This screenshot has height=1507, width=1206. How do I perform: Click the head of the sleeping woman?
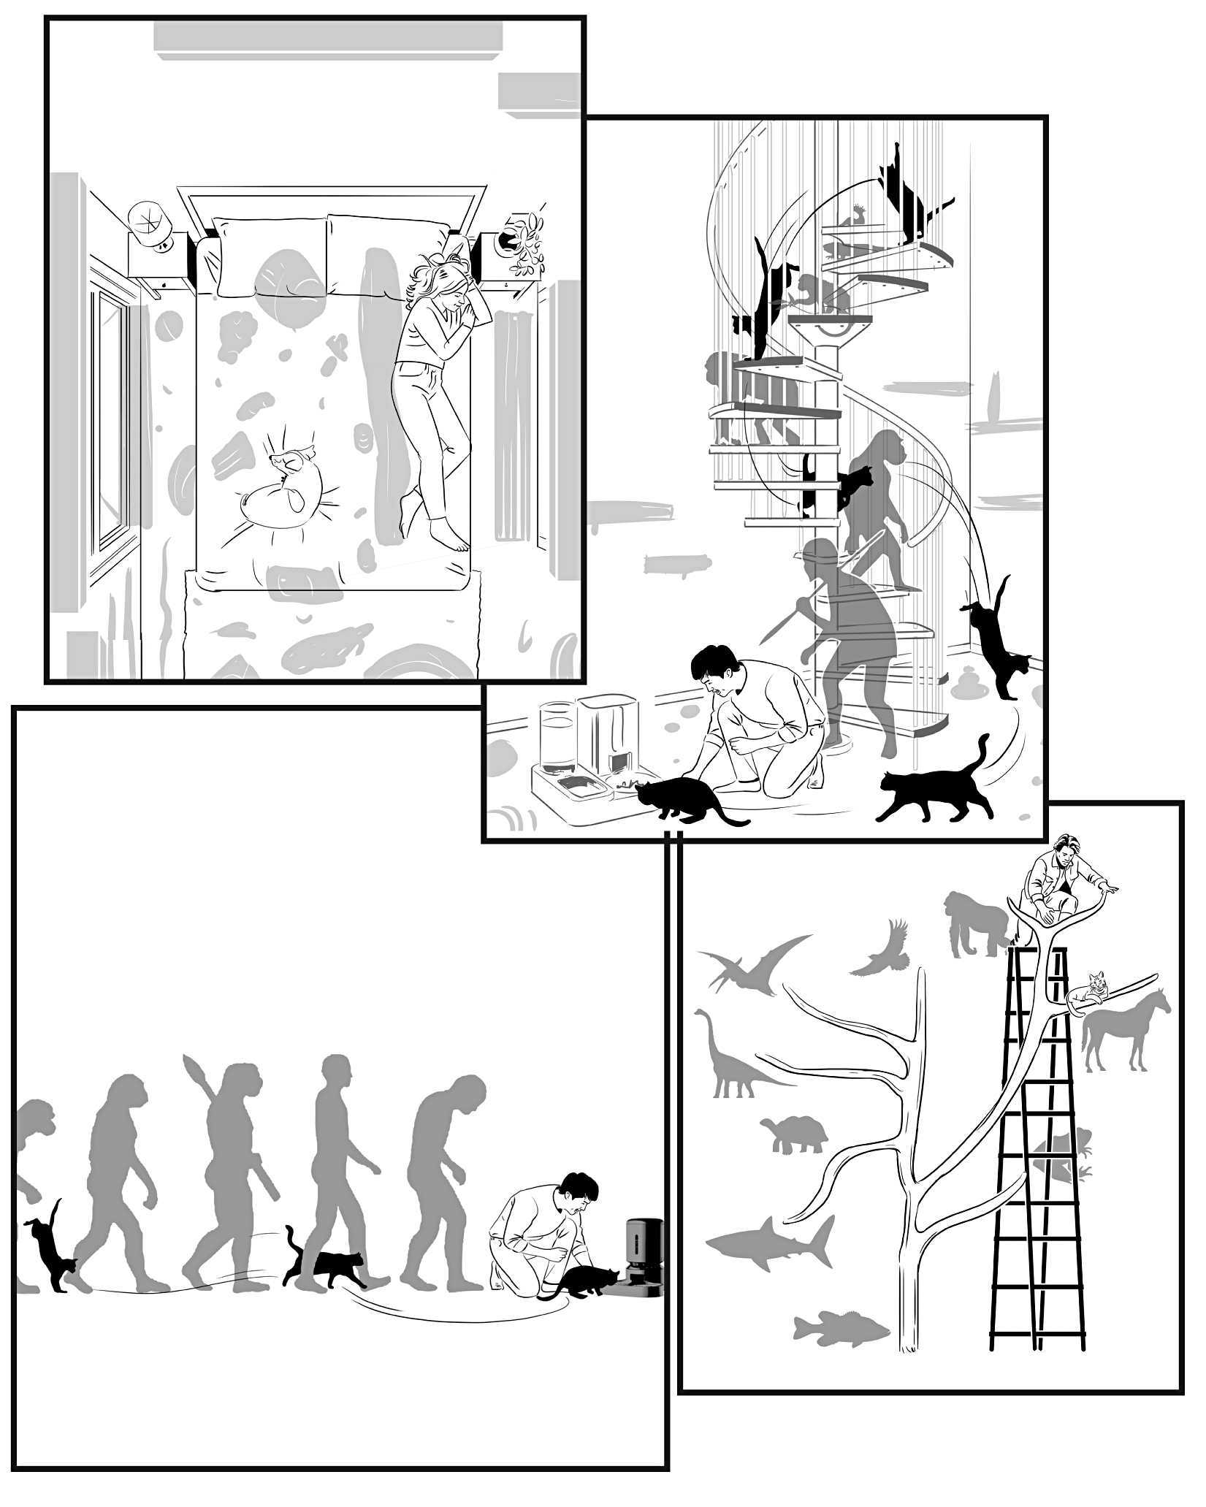point(447,287)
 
